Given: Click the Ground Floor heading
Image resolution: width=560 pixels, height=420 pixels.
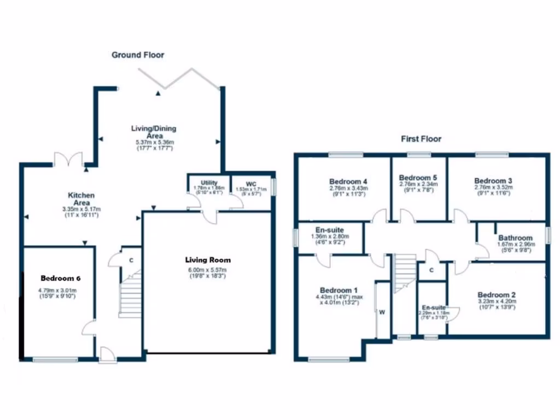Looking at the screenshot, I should (138, 55).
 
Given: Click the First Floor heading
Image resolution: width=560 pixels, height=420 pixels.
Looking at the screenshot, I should (421, 139).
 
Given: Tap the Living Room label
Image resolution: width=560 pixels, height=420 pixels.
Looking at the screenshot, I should (207, 260).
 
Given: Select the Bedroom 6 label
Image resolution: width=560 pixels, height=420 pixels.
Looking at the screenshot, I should (57, 278).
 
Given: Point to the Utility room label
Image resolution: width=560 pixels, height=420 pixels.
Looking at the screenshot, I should (209, 183).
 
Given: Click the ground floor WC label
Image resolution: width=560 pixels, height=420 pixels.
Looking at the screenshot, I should (251, 183).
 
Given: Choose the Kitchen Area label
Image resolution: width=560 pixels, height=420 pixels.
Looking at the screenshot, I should (81, 199).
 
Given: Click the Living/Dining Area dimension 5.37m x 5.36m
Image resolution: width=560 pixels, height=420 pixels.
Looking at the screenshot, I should (154, 142).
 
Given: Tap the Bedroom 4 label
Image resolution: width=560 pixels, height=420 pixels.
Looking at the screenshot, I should (348, 181).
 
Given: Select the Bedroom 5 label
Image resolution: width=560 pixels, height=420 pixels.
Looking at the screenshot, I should (418, 178).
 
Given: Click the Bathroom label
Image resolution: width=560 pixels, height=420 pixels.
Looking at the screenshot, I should (515, 238).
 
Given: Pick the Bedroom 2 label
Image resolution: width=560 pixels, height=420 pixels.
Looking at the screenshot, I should (497, 294).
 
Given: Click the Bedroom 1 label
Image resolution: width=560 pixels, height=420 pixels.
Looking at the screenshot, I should (339, 290).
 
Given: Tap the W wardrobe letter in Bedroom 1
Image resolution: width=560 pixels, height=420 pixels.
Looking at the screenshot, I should (382, 312).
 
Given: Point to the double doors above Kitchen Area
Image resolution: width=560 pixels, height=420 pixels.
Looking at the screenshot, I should (69, 160).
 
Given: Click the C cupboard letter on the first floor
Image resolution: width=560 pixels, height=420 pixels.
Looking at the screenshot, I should (431, 270).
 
